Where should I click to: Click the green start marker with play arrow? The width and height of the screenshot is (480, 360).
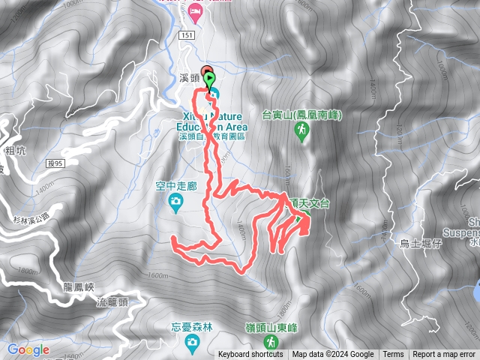click(x=208, y=79)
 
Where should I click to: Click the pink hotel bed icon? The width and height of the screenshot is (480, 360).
click(x=196, y=10)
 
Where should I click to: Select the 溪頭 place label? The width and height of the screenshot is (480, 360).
click(x=190, y=78)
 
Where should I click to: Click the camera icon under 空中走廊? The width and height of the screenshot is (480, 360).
click(x=175, y=200)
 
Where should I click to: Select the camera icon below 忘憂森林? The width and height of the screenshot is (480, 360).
click(x=193, y=341)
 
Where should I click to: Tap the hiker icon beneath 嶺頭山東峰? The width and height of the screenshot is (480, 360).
click(x=268, y=343)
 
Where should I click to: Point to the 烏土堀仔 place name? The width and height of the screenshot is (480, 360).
click(x=420, y=243)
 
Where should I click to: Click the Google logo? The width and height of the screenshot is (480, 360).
click(x=28, y=349)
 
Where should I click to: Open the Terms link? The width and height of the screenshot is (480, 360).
click(x=393, y=355)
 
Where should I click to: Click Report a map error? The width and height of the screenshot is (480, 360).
click(x=444, y=355)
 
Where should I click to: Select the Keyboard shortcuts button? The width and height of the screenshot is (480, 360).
click(x=250, y=355)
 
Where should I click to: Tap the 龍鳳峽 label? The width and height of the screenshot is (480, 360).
click(x=78, y=287)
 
